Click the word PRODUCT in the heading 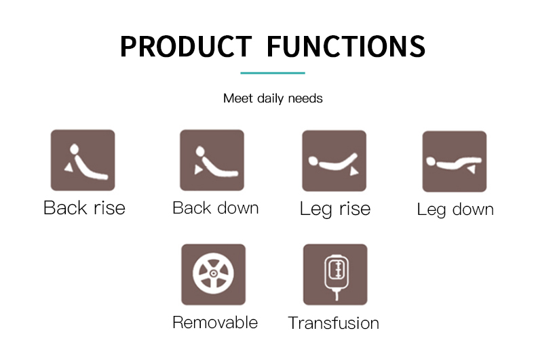186,46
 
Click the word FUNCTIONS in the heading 345,46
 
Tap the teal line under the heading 273,73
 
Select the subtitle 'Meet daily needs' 273,98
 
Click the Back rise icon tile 83,160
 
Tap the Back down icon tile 212,160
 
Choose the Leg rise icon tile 334,161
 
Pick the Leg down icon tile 455,161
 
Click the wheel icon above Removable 213,275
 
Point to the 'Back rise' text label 84,207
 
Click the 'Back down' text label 215,207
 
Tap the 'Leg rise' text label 335,209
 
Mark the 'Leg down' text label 455,209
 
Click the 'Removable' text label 215,323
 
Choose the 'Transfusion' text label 334,323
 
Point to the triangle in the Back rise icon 69,167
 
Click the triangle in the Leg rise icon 353,171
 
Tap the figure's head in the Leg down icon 431,161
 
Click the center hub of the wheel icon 213,273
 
